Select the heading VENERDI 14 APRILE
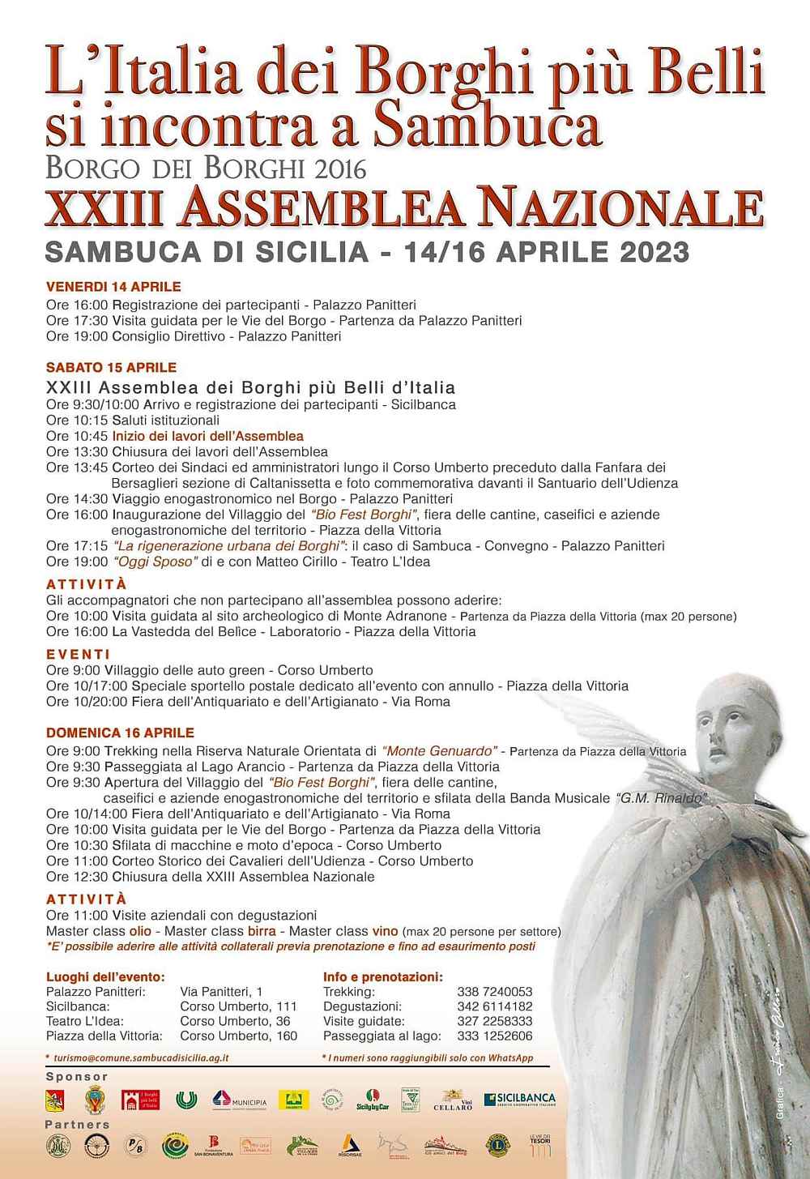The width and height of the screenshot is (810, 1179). pyautogui.click(x=113, y=287)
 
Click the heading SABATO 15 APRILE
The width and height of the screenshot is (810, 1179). pyautogui.click(x=111, y=368)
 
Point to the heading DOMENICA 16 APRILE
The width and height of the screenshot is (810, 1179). pyautogui.click(x=120, y=733)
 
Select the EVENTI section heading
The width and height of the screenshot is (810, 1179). pyautogui.click(x=79, y=654)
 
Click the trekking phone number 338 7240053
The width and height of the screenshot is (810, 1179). pyautogui.click(x=495, y=992)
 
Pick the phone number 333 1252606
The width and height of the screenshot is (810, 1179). pyautogui.click(x=495, y=1036)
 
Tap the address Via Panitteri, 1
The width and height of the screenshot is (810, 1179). pyautogui.click(x=221, y=992)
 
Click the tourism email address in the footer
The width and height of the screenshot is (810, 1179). pyautogui.click(x=142, y=1057)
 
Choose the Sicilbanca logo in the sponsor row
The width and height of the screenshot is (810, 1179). pyautogui.click(x=520, y=1100)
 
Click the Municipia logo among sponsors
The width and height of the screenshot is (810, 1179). pyautogui.click(x=240, y=1100)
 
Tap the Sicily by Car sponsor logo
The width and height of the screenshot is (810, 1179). pyautogui.click(x=373, y=1100)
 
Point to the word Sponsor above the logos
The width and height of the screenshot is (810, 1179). pyautogui.click(x=77, y=1077)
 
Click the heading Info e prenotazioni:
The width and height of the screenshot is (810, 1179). pyautogui.click(x=383, y=976)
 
